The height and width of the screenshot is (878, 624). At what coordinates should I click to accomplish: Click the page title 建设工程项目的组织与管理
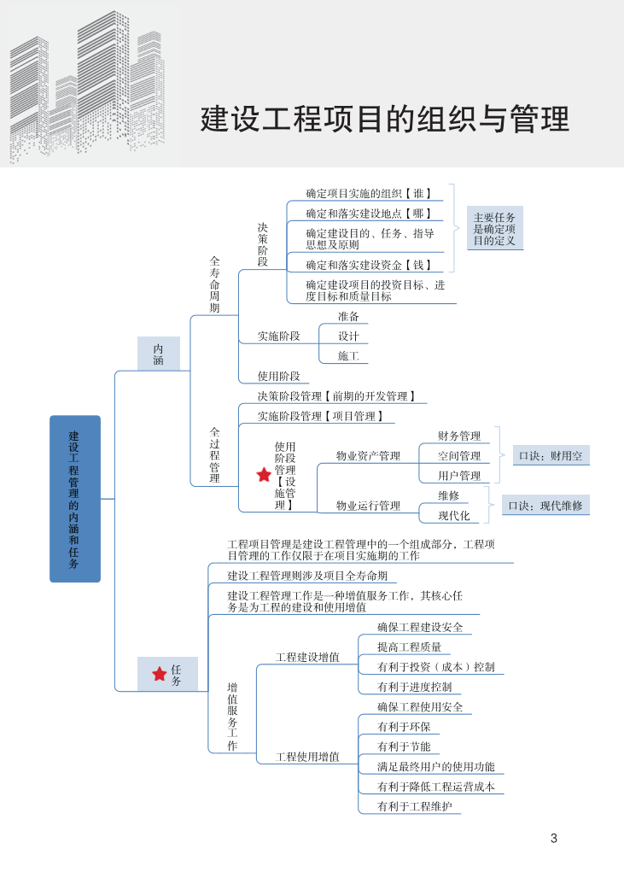point(384,119)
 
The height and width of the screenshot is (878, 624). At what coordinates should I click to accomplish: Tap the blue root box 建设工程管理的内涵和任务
point(75,499)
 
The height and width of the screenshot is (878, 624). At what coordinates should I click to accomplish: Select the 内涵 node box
point(159,354)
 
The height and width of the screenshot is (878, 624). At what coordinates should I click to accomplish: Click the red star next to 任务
point(160,675)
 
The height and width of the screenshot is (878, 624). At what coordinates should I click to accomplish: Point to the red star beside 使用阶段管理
point(264,475)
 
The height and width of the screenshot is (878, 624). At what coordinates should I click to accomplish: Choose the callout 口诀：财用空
point(551,456)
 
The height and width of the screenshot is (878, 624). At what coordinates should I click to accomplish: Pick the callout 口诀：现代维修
point(545,506)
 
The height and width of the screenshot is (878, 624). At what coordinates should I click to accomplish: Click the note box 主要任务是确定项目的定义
point(495,229)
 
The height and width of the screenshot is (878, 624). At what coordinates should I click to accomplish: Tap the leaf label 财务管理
point(459,436)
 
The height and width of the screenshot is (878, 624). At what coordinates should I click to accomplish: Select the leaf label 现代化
point(453,516)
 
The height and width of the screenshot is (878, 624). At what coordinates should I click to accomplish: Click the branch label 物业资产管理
point(368,456)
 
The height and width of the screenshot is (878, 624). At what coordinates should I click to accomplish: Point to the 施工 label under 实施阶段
point(348,356)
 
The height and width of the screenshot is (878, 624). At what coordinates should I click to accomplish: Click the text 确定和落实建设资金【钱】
point(369,265)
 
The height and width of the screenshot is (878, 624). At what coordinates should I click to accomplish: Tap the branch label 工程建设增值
point(307,658)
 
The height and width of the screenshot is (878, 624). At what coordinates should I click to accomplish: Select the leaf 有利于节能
point(404,746)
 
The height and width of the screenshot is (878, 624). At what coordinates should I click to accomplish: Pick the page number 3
point(554,839)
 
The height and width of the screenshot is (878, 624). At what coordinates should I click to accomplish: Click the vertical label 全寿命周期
point(215,284)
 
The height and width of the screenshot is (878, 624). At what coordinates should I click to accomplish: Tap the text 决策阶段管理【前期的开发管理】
point(336,396)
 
